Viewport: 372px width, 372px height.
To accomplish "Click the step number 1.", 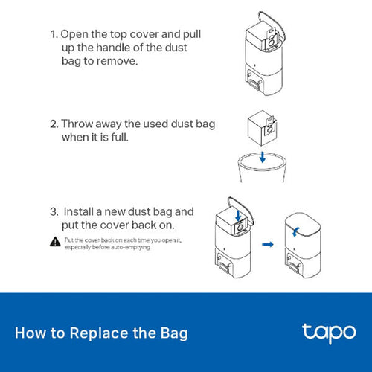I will pos(53,35).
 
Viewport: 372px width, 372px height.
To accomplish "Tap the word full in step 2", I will pos(138,138).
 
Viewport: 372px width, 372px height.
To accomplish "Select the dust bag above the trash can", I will pos(261,126).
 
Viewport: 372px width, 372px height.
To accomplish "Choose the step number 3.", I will pos(53,211).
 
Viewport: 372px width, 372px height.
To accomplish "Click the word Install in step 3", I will pos(80,211).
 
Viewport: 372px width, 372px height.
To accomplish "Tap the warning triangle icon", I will pos(55,241).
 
